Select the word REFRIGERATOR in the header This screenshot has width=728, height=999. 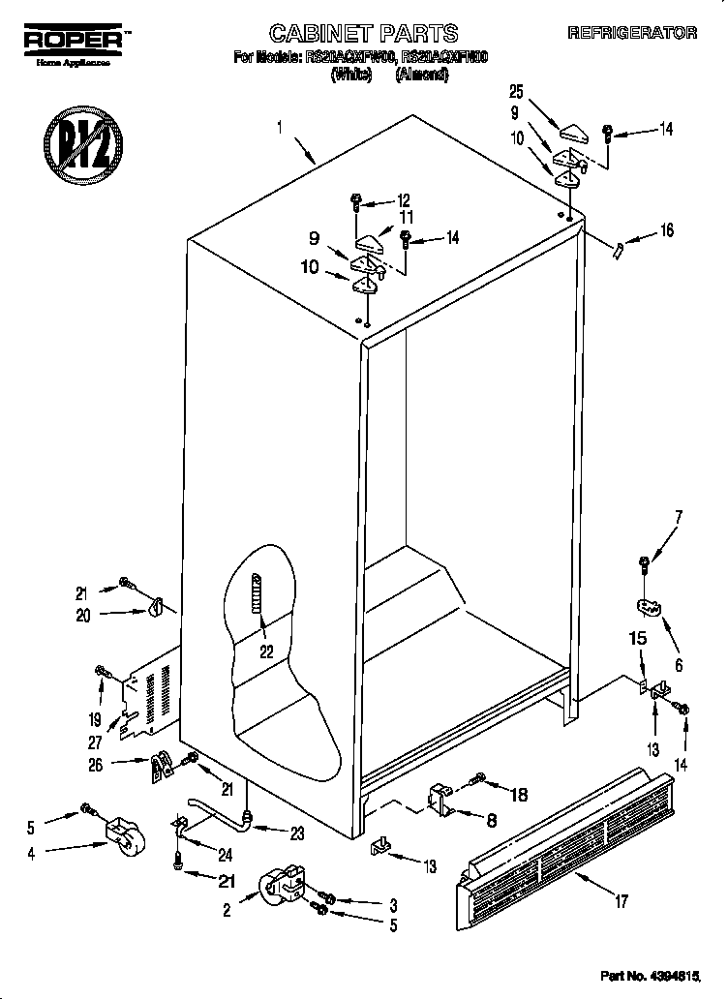(x=632, y=33)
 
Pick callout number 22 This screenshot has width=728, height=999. (x=265, y=651)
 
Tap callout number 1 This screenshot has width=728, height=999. (x=280, y=126)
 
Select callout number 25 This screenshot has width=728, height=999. (x=516, y=92)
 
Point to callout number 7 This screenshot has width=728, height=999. (x=678, y=516)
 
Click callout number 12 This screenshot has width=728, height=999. (x=405, y=201)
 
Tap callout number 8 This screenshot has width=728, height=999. (x=491, y=820)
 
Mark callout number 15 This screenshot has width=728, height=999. (x=638, y=639)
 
